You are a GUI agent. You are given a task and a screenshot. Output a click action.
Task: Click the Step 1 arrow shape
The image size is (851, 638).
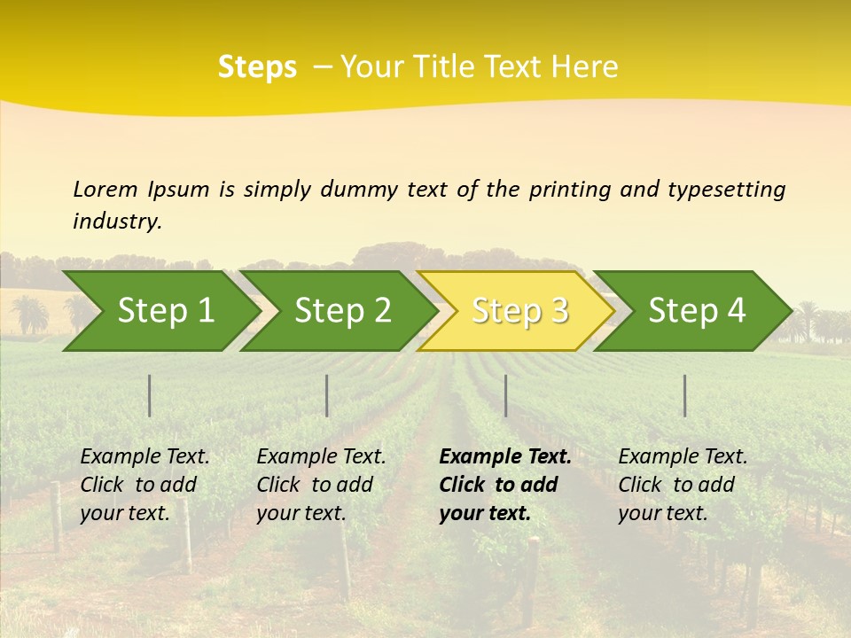point(160,311)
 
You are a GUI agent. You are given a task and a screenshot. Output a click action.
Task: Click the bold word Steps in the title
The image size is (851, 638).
point(257,67)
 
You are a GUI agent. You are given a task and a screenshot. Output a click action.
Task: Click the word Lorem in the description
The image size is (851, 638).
point(105,189)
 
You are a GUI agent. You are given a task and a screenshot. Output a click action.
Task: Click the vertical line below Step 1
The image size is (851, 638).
point(150,395)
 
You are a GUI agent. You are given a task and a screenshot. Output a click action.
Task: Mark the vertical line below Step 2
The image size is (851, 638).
point(327,395)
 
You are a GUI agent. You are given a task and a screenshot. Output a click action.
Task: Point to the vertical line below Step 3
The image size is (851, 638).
point(505,395)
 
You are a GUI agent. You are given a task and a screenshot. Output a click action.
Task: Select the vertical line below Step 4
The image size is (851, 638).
point(684,395)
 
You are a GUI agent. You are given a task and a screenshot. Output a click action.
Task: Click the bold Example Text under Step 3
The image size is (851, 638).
point(505,457)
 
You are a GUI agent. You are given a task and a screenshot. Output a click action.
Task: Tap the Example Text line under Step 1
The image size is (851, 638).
point(144,457)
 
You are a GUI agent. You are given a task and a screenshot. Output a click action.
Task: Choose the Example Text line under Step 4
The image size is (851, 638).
point(683,457)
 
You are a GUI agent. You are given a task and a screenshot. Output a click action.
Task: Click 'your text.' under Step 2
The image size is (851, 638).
point(301,513)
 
